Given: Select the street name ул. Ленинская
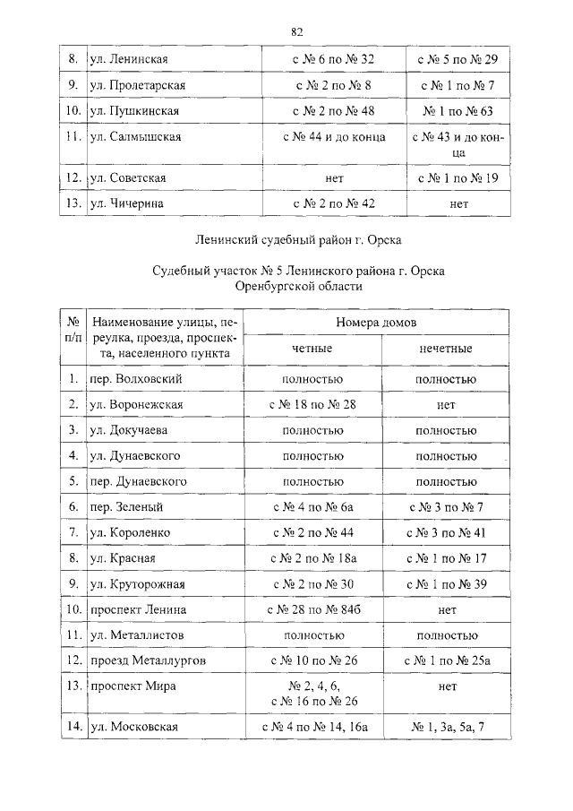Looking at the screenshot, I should point(129,59).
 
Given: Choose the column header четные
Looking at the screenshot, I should point(312,349).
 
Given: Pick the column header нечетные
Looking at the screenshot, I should point(446,349).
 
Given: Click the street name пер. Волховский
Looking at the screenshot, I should point(136,379).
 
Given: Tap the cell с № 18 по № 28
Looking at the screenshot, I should point(312,405).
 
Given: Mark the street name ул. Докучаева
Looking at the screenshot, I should point(130,430).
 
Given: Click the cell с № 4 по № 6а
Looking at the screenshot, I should point(312,507).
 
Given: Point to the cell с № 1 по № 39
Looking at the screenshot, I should point(446,584).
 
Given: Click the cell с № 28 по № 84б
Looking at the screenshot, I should point(312,609).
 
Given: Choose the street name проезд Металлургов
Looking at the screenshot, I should point(148,660).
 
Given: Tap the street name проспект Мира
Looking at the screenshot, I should point(133,686).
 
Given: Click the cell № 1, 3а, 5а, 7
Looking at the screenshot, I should point(446,725).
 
